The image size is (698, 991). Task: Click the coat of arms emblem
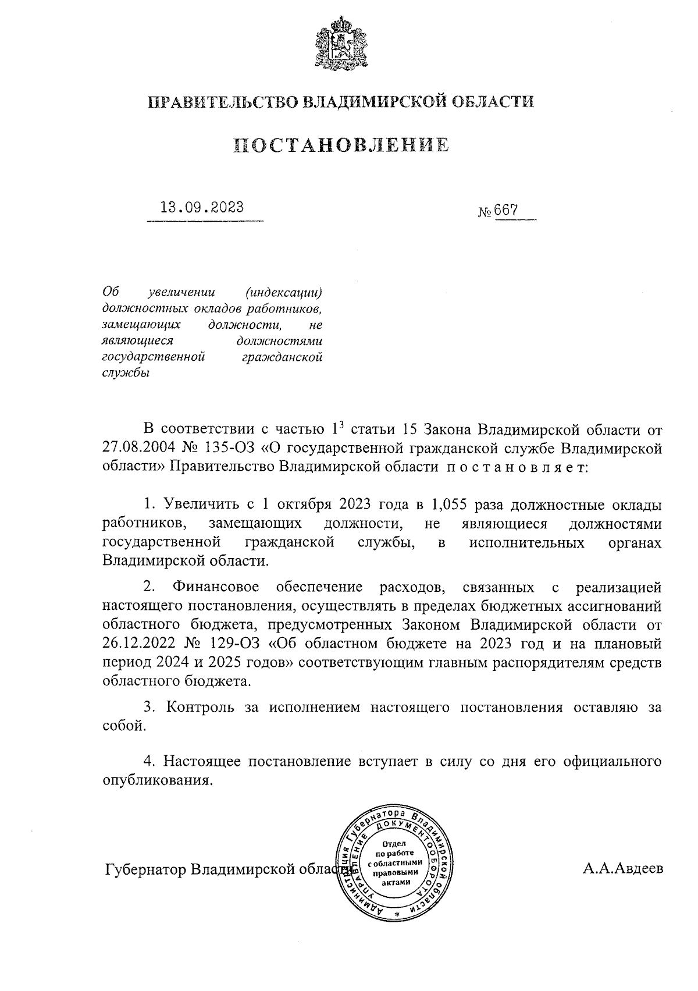point(341,44)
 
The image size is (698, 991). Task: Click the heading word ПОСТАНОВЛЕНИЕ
point(341,145)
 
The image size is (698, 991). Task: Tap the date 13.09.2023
point(202,208)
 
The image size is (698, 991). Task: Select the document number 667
point(506,210)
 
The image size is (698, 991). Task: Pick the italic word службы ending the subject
point(126,373)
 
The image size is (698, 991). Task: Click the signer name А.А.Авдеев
point(622,869)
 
